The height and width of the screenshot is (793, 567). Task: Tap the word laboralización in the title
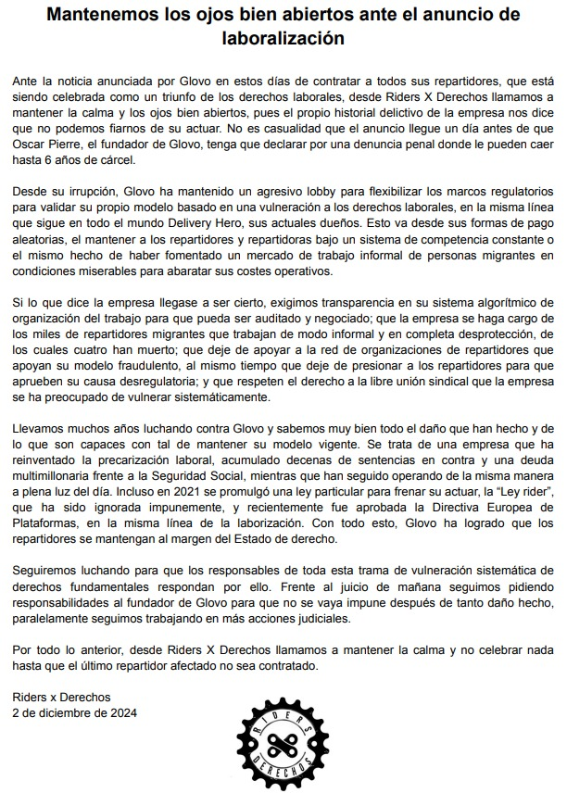click(x=283, y=39)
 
